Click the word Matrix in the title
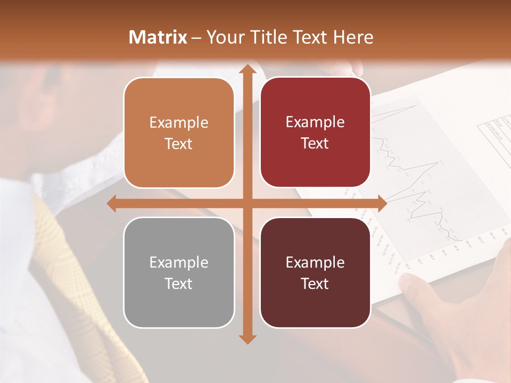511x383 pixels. [158, 37]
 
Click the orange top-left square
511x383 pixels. [179, 133]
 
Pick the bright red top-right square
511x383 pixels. [315, 132]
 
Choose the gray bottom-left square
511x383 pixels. [179, 272]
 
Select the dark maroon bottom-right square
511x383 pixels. [315, 272]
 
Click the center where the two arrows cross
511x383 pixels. [247, 203]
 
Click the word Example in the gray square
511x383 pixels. [179, 262]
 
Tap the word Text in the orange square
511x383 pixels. [179, 144]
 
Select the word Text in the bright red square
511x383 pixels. [315, 143]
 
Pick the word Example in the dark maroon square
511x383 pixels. [315, 262]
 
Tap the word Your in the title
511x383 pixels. [224, 37]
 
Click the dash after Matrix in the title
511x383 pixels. [195, 38]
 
